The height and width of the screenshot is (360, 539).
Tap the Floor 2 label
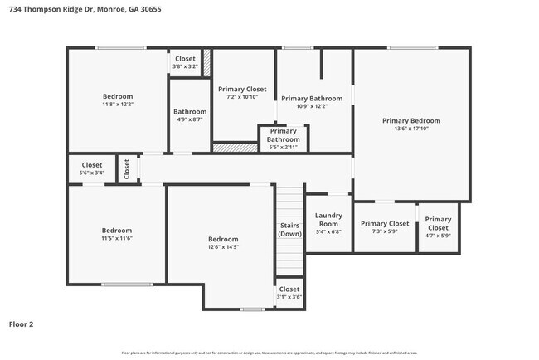click(22, 324)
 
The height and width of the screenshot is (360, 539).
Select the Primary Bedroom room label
click(411, 120)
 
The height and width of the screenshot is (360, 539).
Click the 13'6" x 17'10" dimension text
click(411, 129)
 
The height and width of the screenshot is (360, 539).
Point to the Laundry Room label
click(328, 220)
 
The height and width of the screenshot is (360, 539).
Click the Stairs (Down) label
click(289, 229)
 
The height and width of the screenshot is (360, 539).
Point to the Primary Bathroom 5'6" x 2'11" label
click(284, 135)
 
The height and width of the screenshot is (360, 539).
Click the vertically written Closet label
click(127, 169)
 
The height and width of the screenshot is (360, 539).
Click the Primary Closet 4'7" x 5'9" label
click(438, 224)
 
